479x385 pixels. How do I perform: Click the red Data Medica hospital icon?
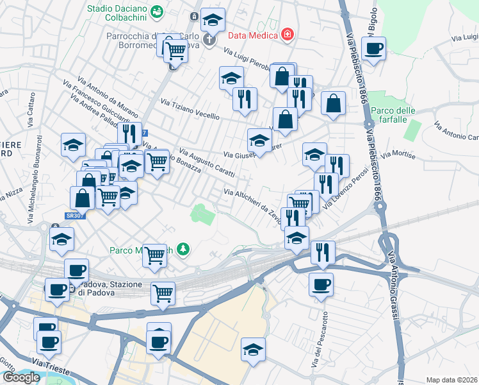[288, 35]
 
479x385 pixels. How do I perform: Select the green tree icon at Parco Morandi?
[184, 248]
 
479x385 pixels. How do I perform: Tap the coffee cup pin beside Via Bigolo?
[373, 48]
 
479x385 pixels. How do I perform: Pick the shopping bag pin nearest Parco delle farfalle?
[333, 103]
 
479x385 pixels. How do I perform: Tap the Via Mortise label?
[398, 155]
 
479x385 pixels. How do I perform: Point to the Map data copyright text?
[451, 380]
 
